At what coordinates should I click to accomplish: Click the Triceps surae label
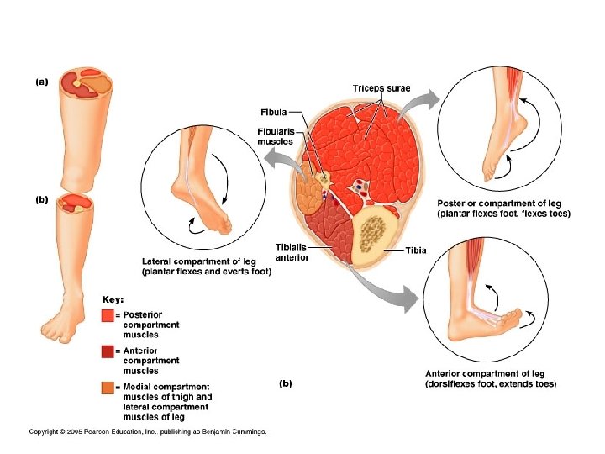coord(381,88)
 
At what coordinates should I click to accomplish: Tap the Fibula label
coord(273,112)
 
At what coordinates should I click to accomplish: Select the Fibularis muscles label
coord(276,136)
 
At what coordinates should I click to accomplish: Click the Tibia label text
coord(416,251)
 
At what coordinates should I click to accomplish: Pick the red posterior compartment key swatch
coord(107,316)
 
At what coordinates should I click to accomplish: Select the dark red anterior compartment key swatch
coord(107,351)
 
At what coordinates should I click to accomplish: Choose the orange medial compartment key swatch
coord(107,388)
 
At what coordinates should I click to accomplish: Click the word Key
coord(113,299)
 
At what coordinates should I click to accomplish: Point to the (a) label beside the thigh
coord(40,82)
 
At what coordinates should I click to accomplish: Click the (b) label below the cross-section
coord(285,383)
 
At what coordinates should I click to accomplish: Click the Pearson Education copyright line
coord(148,432)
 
